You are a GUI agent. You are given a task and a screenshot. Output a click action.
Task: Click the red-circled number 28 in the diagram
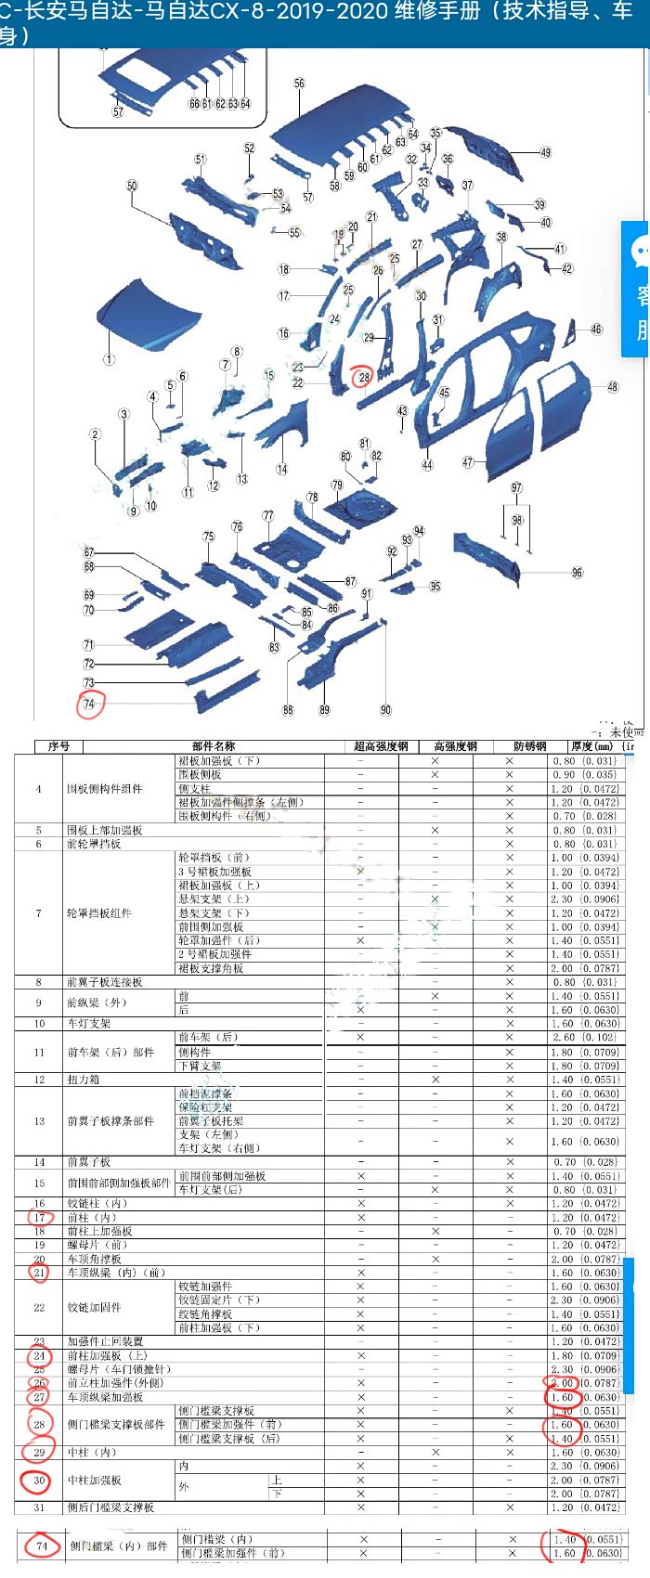tap(363, 377)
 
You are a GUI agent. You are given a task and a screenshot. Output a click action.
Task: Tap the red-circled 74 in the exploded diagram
tap(89, 704)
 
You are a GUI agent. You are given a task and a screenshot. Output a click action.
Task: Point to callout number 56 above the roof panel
tap(299, 84)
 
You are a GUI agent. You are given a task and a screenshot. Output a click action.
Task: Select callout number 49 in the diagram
tap(545, 152)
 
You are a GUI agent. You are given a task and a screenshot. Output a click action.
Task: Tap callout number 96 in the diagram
tap(577, 573)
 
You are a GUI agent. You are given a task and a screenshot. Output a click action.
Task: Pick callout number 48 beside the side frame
tap(612, 387)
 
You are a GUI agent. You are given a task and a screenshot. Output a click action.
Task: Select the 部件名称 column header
tap(213, 745)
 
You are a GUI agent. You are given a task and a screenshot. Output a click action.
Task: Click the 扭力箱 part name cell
tap(83, 1080)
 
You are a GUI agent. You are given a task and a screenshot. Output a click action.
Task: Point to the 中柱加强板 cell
tap(94, 1480)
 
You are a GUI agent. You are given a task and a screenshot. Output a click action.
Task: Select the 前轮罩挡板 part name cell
tap(93, 844)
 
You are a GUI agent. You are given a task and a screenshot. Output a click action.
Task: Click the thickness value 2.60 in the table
tap(564, 1038)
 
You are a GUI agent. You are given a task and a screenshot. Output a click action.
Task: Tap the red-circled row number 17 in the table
tap(39, 1217)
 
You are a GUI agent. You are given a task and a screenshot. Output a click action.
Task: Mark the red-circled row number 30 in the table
tap(39, 1481)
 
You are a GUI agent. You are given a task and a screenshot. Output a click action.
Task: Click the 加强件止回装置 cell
tap(105, 1341)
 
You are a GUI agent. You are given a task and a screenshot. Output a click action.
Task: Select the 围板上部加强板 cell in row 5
tap(104, 830)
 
